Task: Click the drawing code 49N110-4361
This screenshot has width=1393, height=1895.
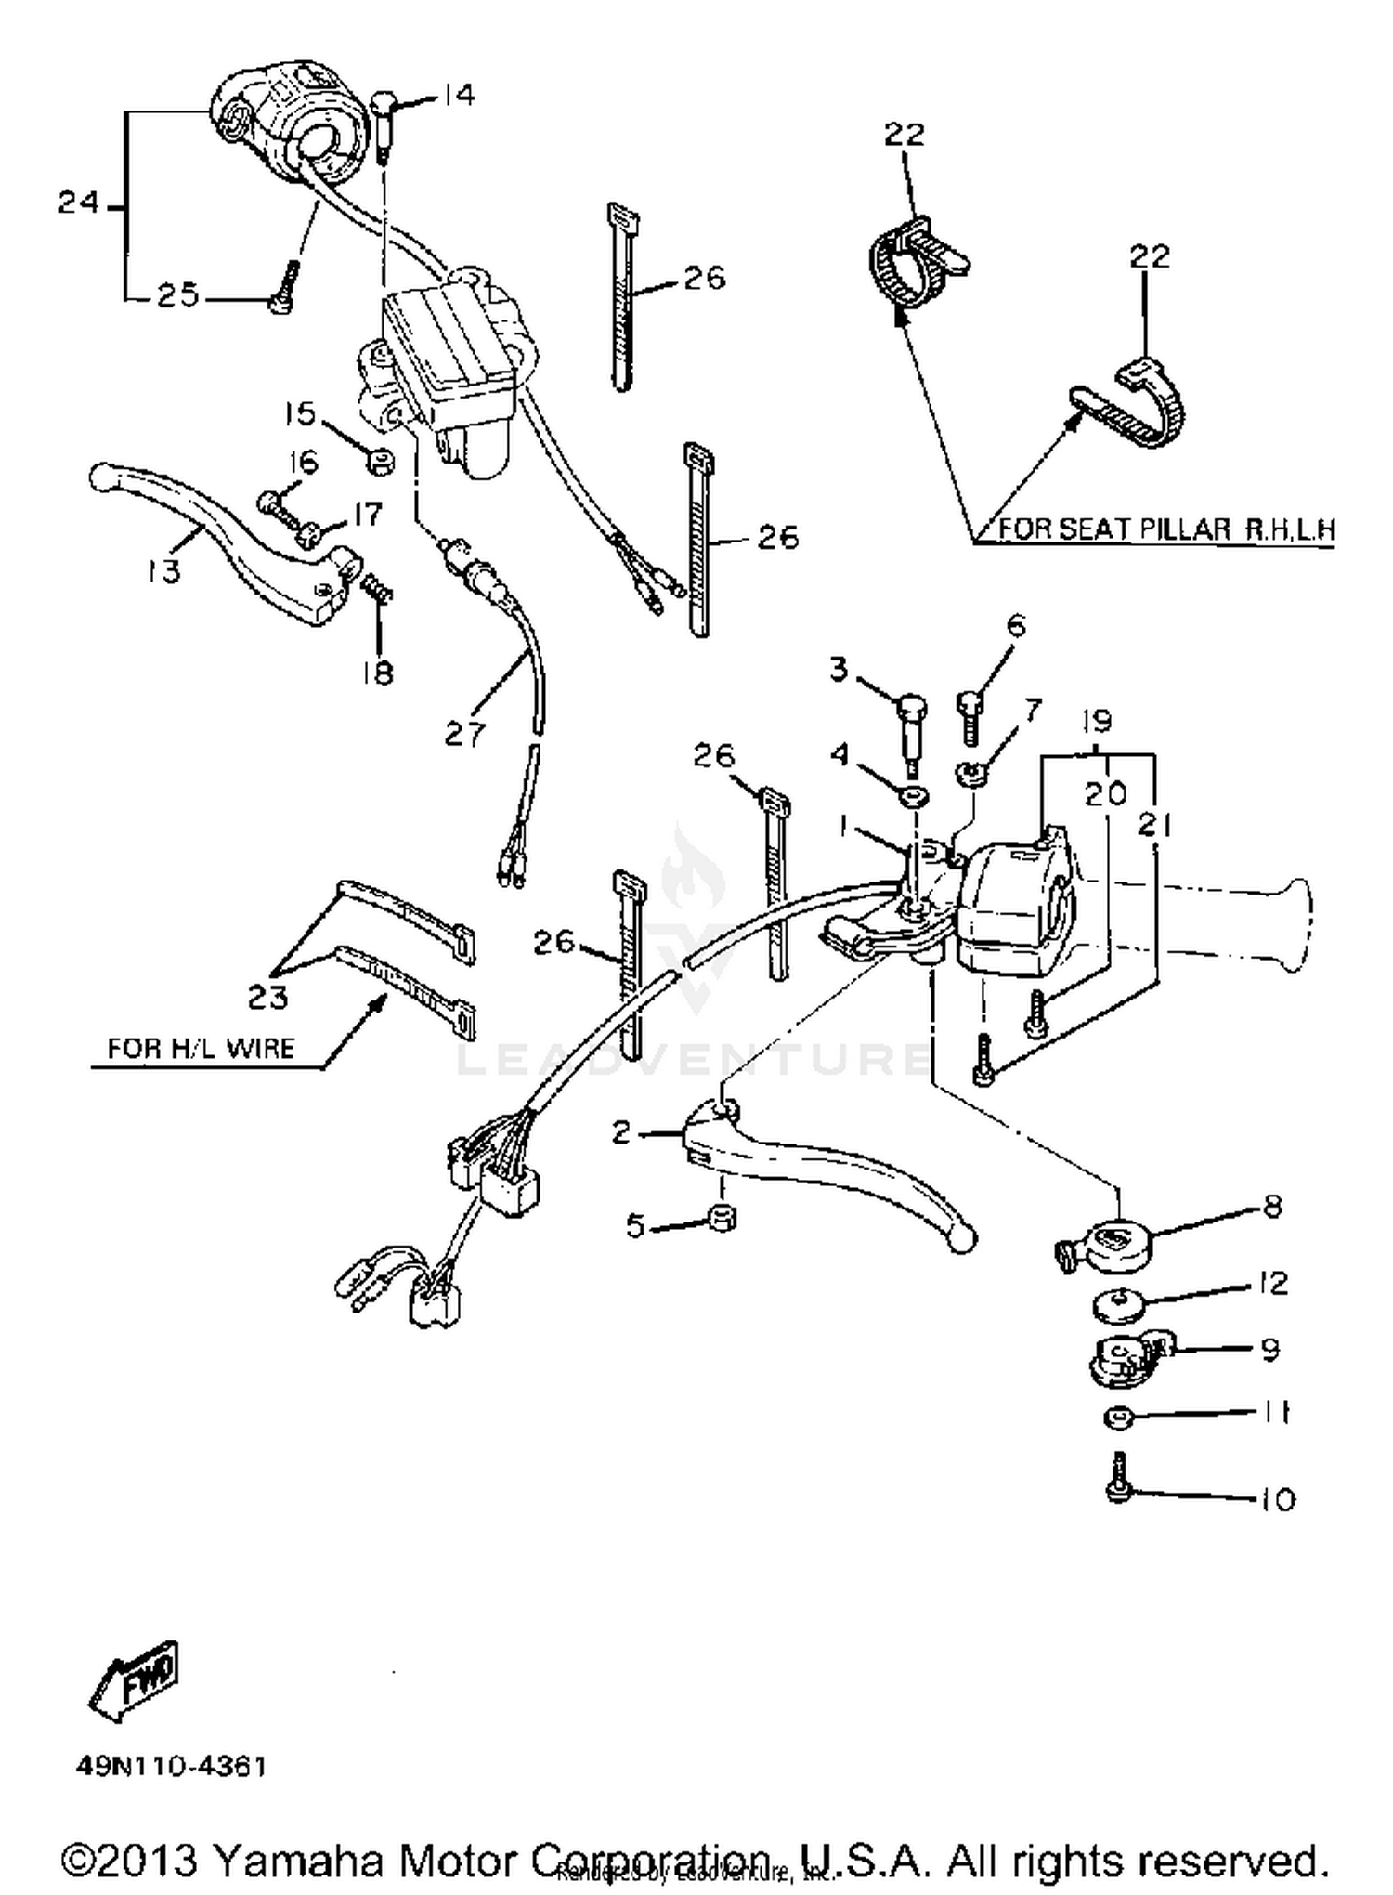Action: (x=172, y=1766)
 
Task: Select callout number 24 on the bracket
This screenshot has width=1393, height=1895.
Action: (x=78, y=202)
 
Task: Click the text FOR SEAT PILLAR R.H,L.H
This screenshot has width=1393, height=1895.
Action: (x=1165, y=529)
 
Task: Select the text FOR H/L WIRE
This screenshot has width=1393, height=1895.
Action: (x=201, y=1049)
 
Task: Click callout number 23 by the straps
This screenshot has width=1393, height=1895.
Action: (x=267, y=997)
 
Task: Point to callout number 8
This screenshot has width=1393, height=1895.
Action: (x=1272, y=1206)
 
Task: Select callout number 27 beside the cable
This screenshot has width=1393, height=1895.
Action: (x=464, y=734)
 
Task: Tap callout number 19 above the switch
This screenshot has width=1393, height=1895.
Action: (x=1097, y=722)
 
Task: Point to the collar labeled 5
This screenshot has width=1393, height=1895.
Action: (x=721, y=1217)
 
